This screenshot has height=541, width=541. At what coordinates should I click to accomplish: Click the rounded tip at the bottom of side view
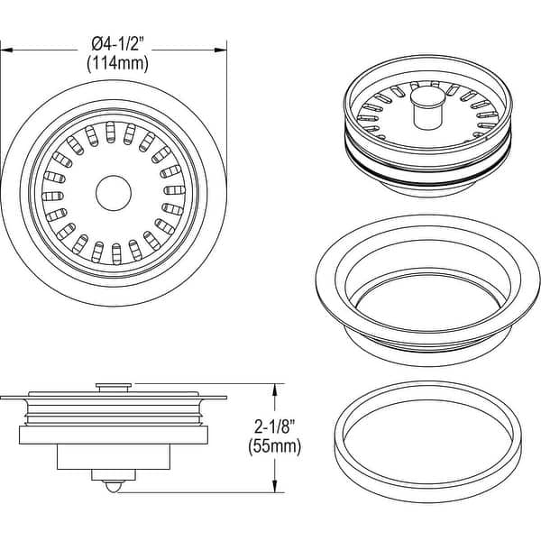coord(112,486)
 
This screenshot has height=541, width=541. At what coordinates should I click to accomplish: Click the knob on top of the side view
coord(112,386)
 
